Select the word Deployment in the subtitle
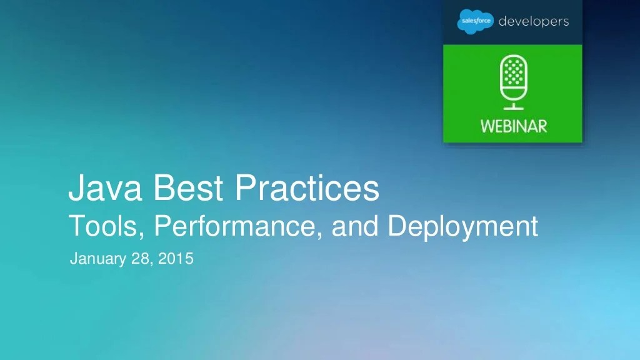(463, 227)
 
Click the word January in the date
(97, 257)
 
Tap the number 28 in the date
(141, 257)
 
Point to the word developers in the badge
(533, 22)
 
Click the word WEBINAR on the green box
(513, 125)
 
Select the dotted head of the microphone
(512, 72)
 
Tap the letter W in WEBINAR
(487, 125)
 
